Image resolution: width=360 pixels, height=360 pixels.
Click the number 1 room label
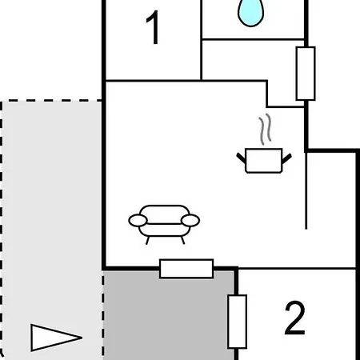click(x=154, y=27)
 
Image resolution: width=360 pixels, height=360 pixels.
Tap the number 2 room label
click(x=294, y=318)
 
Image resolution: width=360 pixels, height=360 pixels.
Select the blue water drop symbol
click(x=250, y=13)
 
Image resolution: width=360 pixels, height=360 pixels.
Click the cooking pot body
click(x=264, y=161)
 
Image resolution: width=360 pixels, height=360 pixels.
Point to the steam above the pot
click(x=265, y=129)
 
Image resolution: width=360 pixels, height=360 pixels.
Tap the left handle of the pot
click(x=241, y=158)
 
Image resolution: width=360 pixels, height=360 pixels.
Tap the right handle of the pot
click(x=286, y=158)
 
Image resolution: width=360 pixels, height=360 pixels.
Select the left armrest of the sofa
click(x=138, y=221)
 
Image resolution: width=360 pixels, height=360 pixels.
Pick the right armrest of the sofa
click(x=190, y=221)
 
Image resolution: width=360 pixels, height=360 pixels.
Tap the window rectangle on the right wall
click(x=306, y=74)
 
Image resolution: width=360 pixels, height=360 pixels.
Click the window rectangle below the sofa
click(x=186, y=269)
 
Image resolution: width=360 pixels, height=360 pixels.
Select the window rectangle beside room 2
click(x=238, y=322)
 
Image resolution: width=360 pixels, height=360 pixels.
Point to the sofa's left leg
click(x=147, y=240)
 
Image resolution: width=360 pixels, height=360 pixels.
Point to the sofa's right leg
click(x=183, y=240)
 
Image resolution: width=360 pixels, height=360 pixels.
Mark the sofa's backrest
click(x=164, y=214)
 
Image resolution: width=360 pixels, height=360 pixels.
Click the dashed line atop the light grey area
click(x=51, y=101)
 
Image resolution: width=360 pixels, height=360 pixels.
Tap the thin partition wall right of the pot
click(x=306, y=190)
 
